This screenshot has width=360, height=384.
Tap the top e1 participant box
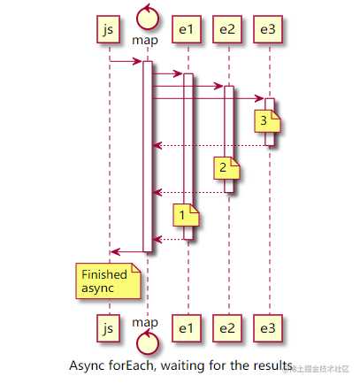pyautogui.click(x=186, y=30)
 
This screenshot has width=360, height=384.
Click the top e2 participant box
pyautogui.click(x=227, y=30)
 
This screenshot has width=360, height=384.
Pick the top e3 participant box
pyautogui.click(x=268, y=30)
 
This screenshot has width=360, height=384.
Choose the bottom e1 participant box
pyautogui.click(x=186, y=329)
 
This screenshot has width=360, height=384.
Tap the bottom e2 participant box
pyautogui.click(x=227, y=329)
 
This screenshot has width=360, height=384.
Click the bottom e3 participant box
pyautogui.click(x=268, y=329)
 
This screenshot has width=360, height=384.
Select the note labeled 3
pyautogui.click(x=264, y=121)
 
